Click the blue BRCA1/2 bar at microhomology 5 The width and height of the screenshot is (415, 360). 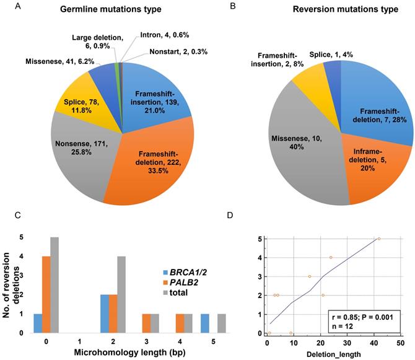point(204,322)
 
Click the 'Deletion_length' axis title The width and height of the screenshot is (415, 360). point(334,353)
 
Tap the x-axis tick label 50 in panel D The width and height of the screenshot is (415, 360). point(401,342)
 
